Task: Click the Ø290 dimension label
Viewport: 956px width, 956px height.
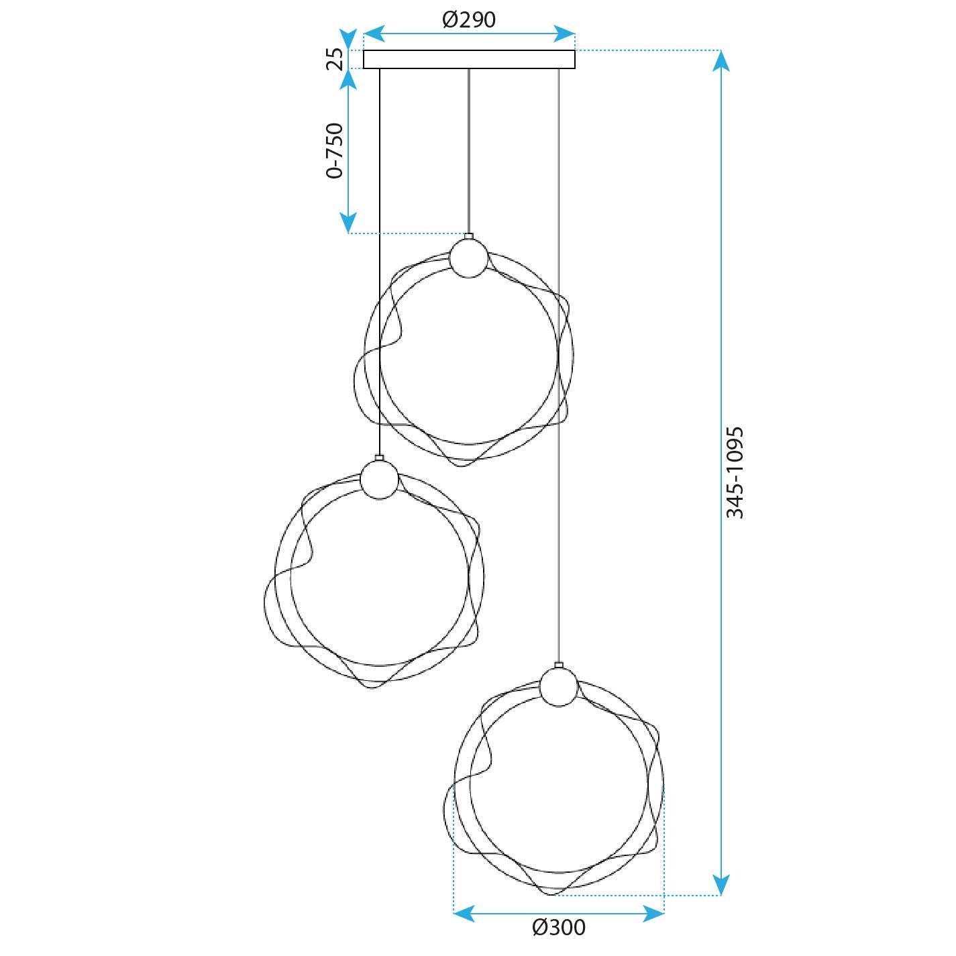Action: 469,20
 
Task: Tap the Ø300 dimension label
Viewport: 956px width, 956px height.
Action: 559,927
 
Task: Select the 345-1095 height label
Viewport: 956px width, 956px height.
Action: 735,472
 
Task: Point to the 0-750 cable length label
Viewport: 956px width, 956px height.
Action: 334,151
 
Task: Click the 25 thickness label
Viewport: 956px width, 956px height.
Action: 335,59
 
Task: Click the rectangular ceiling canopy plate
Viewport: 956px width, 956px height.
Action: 469,59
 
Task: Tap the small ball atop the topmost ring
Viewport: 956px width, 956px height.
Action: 468,258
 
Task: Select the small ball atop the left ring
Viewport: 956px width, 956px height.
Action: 379,479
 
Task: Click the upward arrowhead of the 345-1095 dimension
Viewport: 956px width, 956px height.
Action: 721,61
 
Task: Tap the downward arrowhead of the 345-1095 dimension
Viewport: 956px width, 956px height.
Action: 721,885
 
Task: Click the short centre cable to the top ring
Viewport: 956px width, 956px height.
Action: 468,151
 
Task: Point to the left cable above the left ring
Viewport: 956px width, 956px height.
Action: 380,262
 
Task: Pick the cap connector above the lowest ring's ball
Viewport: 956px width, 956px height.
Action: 558,666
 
